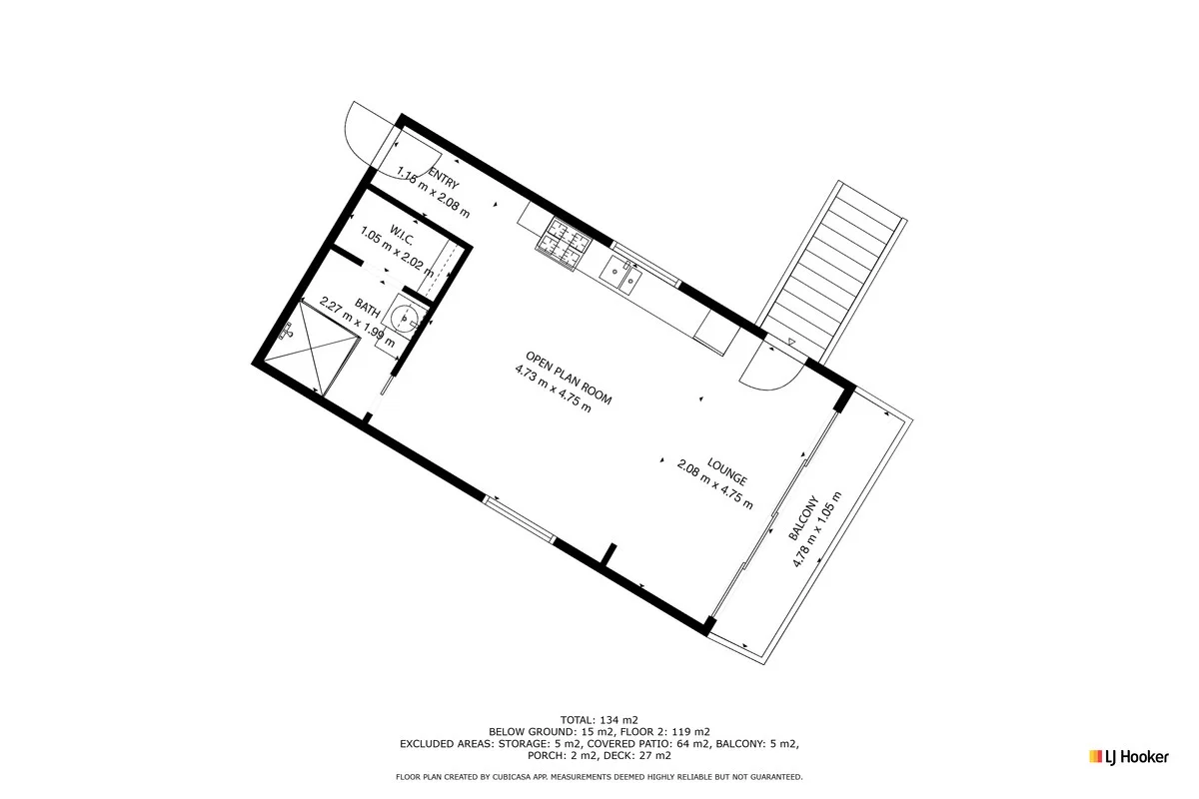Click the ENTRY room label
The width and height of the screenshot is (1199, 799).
[444, 179]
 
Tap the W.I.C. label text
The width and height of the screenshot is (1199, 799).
[402, 236]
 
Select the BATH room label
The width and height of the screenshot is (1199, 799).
[368, 308]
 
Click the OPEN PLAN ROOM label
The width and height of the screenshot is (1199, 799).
[569, 378]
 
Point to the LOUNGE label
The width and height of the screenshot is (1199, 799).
[727, 471]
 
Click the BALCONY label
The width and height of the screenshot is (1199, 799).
[804, 518]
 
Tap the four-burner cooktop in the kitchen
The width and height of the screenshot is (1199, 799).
[564, 244]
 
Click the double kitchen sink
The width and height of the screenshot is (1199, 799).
[620, 275]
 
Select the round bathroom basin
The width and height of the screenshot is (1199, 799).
[405, 320]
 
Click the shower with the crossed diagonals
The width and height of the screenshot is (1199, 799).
[311, 349]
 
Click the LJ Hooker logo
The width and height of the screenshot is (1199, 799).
[1129, 757]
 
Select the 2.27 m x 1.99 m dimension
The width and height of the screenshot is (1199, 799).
[357, 323]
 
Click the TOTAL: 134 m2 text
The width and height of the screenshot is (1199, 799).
[599, 720]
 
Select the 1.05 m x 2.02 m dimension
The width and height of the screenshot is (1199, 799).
[398, 251]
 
